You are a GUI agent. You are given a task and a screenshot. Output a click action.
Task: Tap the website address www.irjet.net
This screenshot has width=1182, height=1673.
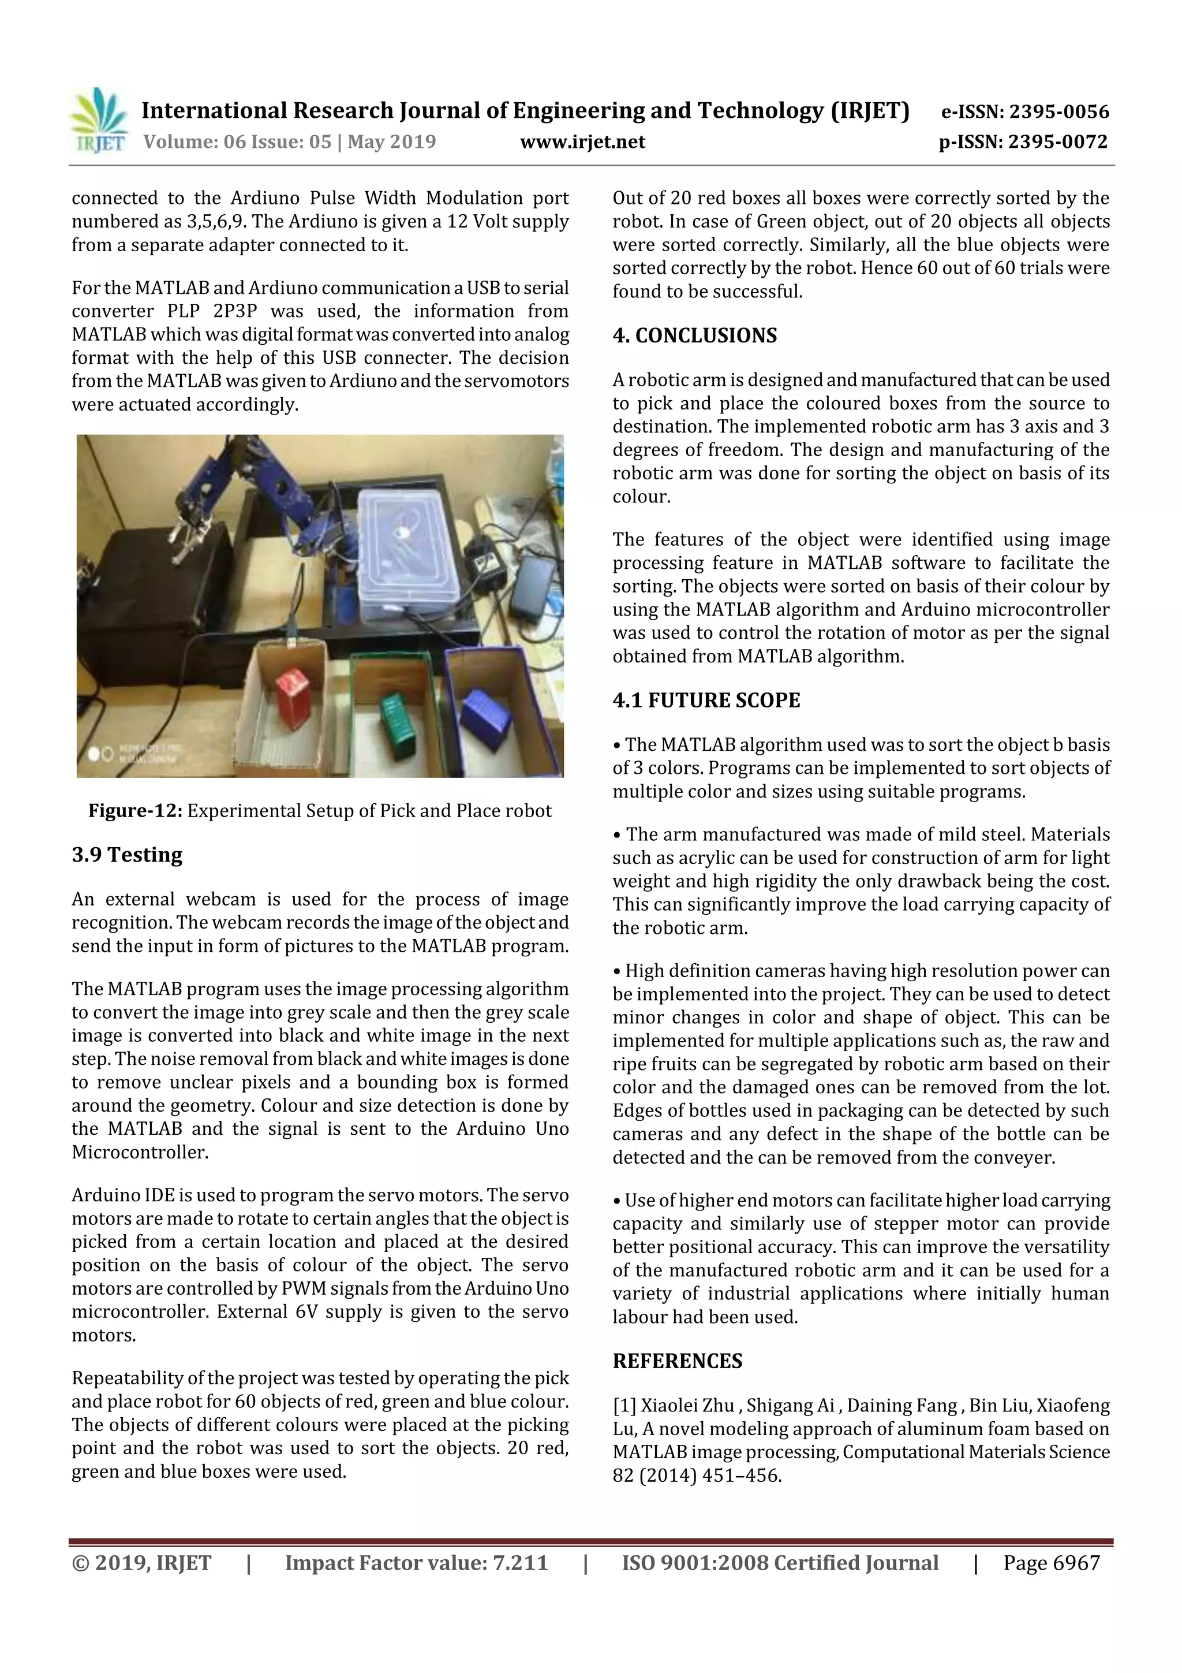coord(582,141)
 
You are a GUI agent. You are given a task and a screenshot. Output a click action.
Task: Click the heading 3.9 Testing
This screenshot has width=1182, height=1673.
coord(127,854)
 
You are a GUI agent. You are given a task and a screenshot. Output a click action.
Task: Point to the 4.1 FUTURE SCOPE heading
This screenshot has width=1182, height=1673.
coord(706,701)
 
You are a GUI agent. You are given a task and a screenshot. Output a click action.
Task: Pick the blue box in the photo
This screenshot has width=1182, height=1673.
coord(487,717)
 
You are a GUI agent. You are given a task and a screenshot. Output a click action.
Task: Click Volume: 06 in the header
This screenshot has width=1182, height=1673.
coord(182,141)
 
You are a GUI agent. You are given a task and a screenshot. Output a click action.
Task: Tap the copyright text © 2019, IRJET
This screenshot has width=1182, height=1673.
coord(141,1563)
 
